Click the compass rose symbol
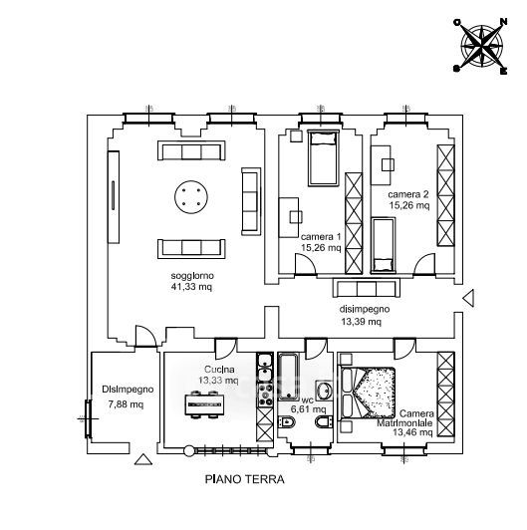tap(481, 46)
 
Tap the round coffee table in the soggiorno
tap(191, 197)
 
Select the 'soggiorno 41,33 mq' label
tap(192, 281)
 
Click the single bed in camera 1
tap(323, 157)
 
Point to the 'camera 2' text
tap(408, 194)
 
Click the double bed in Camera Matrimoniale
tap(368, 393)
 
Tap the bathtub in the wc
tap(288, 377)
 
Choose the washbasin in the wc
tap(325, 392)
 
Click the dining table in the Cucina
tap(204, 404)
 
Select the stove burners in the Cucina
tap(265, 396)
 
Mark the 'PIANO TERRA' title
tap(244, 479)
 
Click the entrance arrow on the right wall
tap(468, 298)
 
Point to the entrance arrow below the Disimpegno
tap(143, 459)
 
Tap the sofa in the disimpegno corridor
tap(367, 288)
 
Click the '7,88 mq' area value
tap(126, 403)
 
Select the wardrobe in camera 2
tap(445, 195)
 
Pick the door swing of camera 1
tap(305, 264)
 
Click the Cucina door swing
tap(226, 349)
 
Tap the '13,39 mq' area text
tap(361, 322)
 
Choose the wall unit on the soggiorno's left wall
tap(114, 197)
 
